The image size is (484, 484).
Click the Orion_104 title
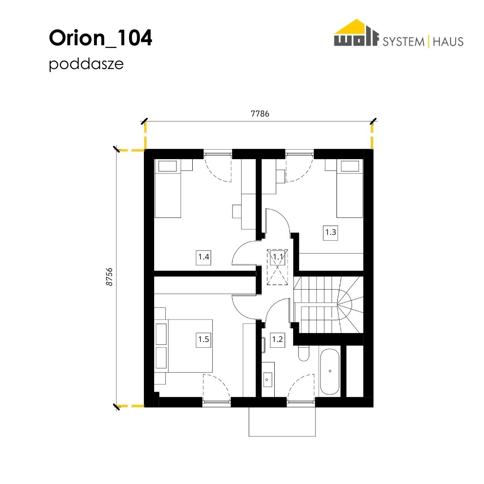[100, 38]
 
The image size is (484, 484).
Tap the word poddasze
[86, 64]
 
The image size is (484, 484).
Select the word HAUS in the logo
[448, 42]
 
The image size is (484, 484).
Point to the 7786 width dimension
[260, 114]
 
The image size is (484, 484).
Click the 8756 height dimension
[109, 277]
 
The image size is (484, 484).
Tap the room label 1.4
[203, 257]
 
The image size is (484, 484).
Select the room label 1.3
[330, 232]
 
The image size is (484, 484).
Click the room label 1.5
[203, 340]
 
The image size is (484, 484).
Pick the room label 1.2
[277, 340]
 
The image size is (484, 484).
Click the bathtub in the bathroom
[330, 372]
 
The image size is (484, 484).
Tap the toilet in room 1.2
[304, 353]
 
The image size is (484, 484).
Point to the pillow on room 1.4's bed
[167, 166]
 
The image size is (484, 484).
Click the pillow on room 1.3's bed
[350, 166]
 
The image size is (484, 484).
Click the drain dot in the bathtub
[330, 371]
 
